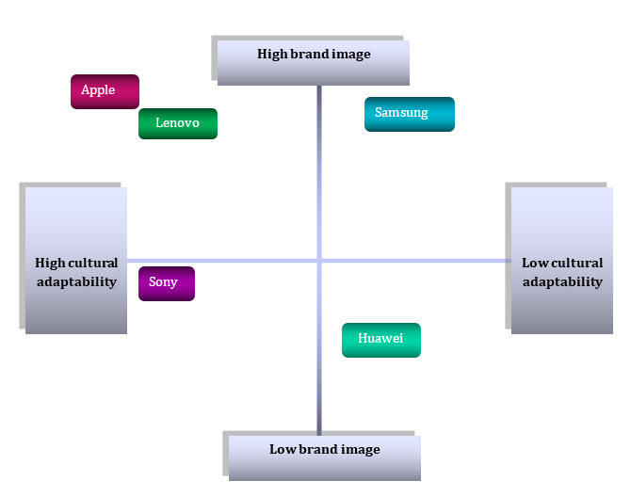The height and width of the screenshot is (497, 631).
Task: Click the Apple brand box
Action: (105, 91)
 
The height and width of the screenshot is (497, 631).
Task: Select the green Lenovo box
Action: (178, 123)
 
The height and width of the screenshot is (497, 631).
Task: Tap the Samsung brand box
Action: (409, 114)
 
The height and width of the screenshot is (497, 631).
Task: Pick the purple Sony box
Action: (167, 283)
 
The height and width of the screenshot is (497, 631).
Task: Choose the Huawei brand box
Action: (380, 340)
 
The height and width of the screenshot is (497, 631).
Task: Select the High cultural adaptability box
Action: (76, 261)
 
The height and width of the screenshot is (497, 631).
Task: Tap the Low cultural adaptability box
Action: (562, 261)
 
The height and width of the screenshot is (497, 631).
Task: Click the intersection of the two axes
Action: (319, 261)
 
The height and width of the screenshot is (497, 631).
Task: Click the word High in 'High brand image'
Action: (271, 55)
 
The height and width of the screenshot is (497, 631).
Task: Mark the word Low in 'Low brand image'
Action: (282, 450)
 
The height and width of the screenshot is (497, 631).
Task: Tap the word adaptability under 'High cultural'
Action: (76, 281)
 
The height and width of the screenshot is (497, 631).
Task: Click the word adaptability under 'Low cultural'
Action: (562, 281)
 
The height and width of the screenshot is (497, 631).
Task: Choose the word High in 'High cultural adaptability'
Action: (49, 264)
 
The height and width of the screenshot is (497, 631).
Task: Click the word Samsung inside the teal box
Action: (401, 113)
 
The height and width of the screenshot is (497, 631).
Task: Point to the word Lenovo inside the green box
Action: (177, 123)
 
